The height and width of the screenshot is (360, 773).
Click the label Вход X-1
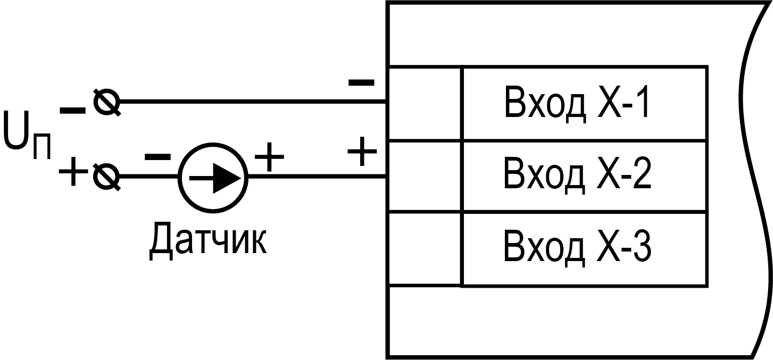577,104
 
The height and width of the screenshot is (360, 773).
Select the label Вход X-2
577,176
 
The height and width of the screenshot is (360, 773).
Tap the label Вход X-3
577,248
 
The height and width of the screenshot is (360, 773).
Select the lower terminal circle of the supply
106,176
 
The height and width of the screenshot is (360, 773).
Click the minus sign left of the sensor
157,156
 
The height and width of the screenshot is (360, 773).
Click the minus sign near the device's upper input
361,82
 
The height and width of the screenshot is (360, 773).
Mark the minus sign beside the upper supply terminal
72,111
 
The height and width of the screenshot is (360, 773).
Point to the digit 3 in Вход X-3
642,248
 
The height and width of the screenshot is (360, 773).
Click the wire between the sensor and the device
319,176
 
